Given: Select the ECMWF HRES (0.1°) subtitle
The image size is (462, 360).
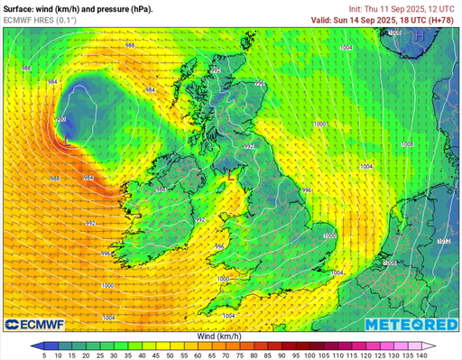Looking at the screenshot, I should tap(40, 19).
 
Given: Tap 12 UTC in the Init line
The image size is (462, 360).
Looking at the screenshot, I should tap(443, 8).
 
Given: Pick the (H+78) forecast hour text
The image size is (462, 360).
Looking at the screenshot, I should tap(442, 19).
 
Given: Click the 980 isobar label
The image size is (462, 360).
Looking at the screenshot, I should tap(60, 118).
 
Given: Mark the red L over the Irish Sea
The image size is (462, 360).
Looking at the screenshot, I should tap(232, 178).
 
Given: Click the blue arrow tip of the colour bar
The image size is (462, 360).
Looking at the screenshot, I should tap(33, 346).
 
